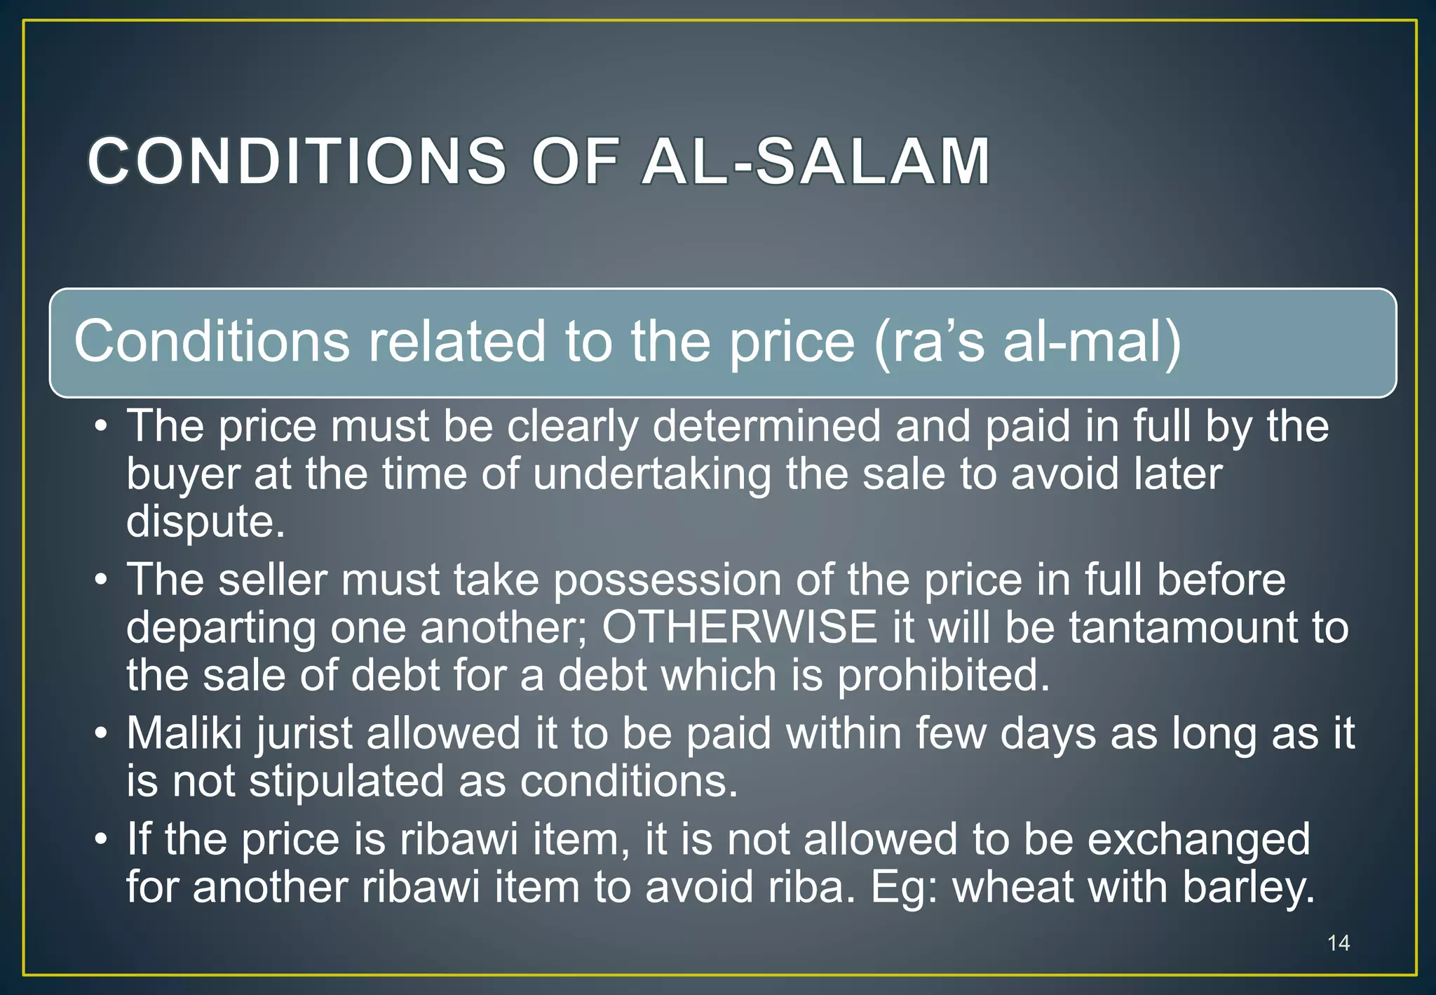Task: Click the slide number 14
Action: pyautogui.click(x=1338, y=942)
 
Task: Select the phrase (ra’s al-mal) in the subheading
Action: pyautogui.click(x=1027, y=342)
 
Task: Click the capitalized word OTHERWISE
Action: pyautogui.click(x=740, y=627)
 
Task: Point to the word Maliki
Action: pyautogui.click(x=184, y=733)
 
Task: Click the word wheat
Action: pyautogui.click(x=1012, y=887)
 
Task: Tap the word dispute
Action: pyautogui.click(x=205, y=522)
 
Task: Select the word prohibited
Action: pyautogui.click(x=944, y=675)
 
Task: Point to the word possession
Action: pyautogui.click(x=667, y=580)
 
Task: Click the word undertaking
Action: pyautogui.click(x=651, y=474)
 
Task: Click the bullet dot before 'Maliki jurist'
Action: pyautogui.click(x=102, y=735)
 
